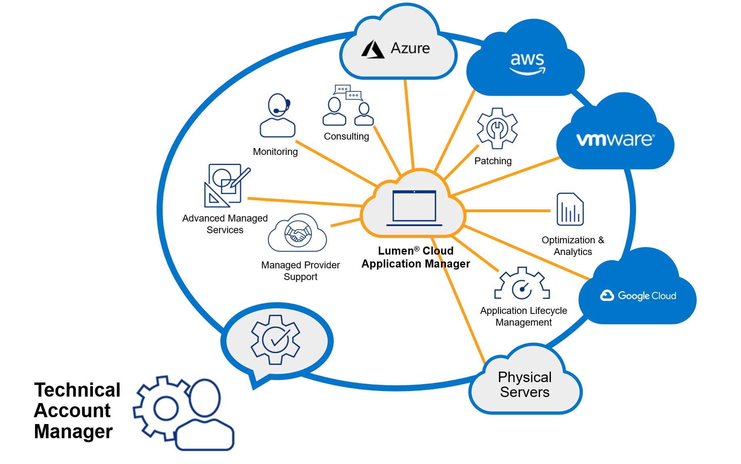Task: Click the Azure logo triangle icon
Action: pos(373,50)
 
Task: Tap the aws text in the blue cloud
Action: pos(527,60)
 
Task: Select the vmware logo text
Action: pos(615,140)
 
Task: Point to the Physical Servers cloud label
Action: pos(525,385)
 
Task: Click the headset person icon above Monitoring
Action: pos(278,116)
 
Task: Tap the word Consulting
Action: pos(346,136)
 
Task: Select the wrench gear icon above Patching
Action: pos(497,128)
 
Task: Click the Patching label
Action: pos(493,161)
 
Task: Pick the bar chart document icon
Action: pos(570,209)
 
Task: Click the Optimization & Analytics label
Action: pos(573,246)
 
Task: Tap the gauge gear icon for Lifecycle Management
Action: pos(522,284)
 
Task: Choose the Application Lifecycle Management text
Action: pos(523,316)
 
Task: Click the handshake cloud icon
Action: pos(298,234)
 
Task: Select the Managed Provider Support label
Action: pos(300,271)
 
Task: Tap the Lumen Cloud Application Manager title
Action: pos(416,257)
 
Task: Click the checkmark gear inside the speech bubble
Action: pos(276,340)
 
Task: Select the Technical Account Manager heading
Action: pos(77,410)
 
